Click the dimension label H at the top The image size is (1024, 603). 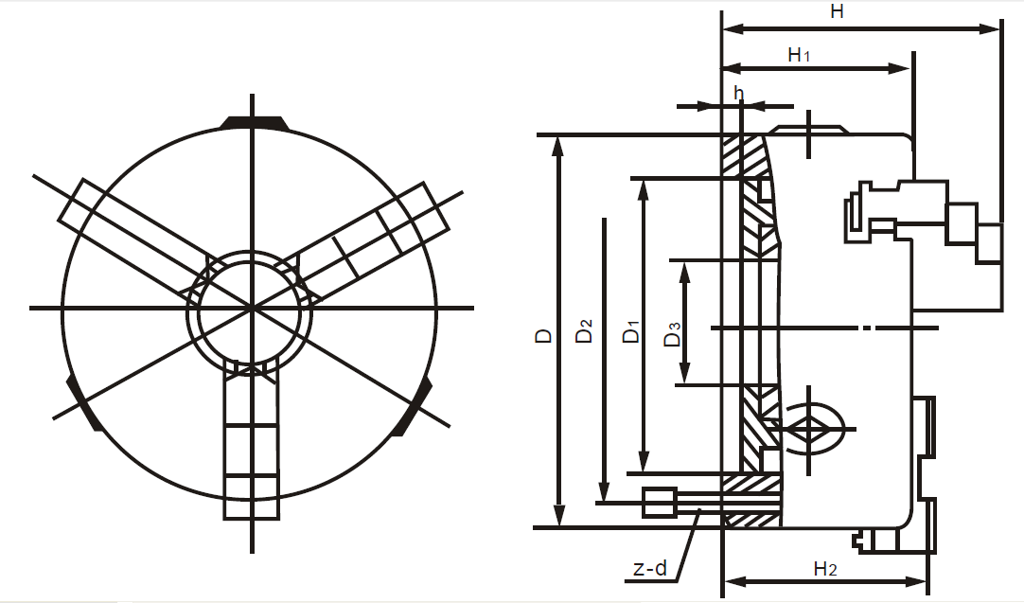point(836,12)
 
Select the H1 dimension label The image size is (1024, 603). point(799,55)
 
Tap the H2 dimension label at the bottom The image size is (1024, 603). point(824,568)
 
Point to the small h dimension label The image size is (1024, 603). point(739,93)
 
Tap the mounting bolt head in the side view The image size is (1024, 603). point(658,502)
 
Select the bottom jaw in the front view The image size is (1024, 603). point(252,445)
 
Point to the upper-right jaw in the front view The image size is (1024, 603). point(379,237)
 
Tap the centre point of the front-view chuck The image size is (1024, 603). point(252,308)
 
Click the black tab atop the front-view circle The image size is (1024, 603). point(253,122)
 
